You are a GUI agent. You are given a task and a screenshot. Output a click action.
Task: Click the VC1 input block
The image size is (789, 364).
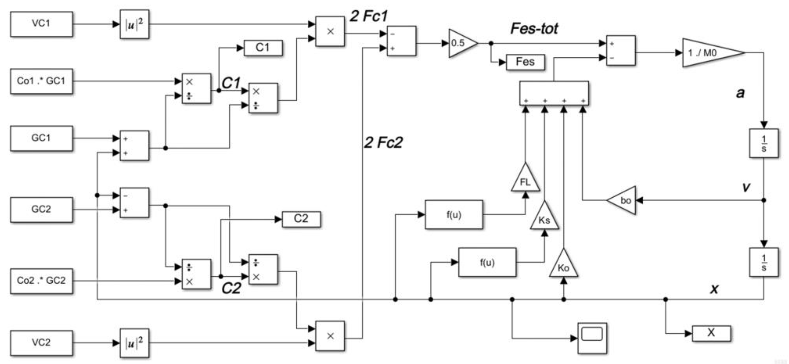[x=41, y=24]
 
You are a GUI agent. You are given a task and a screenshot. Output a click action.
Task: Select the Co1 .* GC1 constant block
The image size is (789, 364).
[x=41, y=81]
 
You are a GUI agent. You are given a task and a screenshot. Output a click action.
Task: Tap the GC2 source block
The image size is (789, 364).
[x=41, y=210]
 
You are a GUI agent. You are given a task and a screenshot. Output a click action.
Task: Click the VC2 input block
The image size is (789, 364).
[x=41, y=343]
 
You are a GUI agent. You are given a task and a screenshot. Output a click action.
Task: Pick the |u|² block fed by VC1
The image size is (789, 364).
[x=134, y=24]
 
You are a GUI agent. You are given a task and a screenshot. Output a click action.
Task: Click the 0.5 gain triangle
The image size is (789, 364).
[x=461, y=43]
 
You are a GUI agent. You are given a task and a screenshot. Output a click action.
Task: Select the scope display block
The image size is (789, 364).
[x=592, y=338]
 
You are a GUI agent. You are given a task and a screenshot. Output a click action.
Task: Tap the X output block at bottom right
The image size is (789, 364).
[x=711, y=333]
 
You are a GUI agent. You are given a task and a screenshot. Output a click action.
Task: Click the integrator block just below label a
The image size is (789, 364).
[x=764, y=143]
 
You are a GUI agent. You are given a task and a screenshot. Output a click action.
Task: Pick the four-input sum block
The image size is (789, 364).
[x=554, y=93]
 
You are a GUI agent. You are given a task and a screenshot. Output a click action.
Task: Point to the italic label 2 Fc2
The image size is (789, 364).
[x=383, y=142]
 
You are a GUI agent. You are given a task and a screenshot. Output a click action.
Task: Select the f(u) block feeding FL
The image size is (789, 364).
[x=454, y=215]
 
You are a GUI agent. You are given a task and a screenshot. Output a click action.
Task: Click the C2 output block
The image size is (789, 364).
[x=301, y=219]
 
